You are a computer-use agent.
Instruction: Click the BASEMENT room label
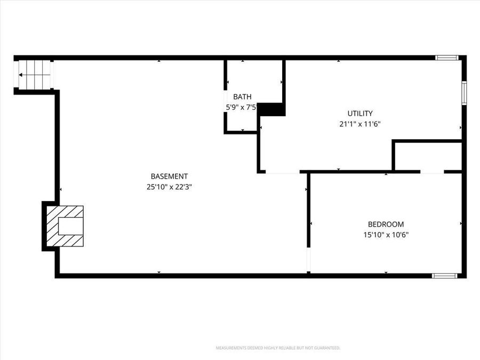click(169, 177)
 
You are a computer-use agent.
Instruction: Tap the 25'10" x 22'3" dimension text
click(169, 187)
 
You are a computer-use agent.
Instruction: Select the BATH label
click(242, 97)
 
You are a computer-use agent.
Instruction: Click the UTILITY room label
click(360, 113)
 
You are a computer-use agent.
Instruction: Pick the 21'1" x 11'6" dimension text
click(360, 124)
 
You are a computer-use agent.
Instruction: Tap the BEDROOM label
click(386, 225)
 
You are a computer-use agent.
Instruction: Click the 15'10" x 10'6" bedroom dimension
click(386, 235)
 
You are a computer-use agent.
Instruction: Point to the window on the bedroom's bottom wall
click(444, 275)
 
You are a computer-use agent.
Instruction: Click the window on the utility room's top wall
click(446, 58)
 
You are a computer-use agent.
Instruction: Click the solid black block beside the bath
click(272, 109)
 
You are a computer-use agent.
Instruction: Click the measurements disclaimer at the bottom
click(277, 348)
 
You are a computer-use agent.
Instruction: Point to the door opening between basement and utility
click(282, 172)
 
